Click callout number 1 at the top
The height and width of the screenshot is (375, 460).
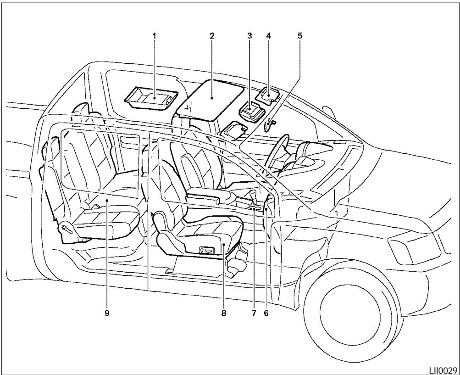tap(154, 34)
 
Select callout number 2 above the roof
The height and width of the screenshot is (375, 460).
tap(211, 34)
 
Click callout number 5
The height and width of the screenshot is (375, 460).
tap(300, 34)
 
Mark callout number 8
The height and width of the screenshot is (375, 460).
tap(223, 314)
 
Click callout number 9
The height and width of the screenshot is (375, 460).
tap(106, 314)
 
